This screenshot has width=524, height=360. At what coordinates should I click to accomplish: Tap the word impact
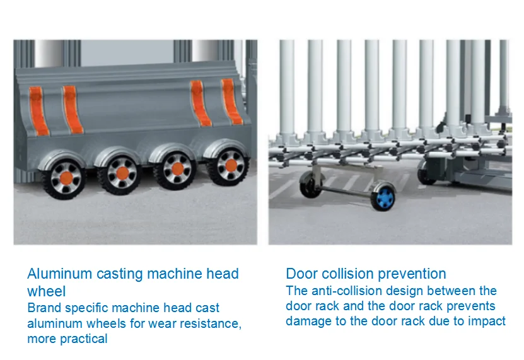coord(487,321)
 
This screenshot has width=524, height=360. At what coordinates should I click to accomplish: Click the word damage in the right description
coord(308,321)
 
